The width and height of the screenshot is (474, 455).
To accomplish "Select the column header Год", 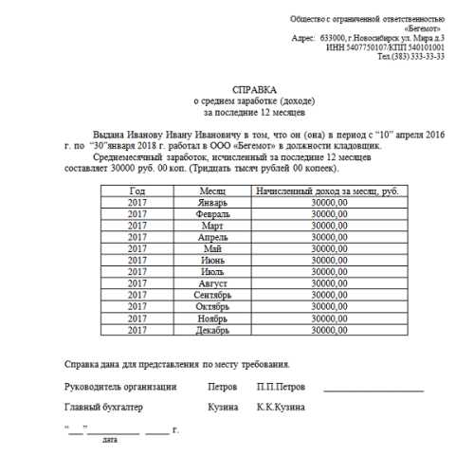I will [x=136, y=191].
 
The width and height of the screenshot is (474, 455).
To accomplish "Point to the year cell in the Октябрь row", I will [x=136, y=306].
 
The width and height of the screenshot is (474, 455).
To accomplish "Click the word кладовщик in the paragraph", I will [x=382, y=146].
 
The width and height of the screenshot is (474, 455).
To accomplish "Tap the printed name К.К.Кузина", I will [x=280, y=408].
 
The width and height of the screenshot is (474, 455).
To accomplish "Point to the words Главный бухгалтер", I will [x=103, y=408].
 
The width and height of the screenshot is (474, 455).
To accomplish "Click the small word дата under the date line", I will [x=110, y=441].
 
